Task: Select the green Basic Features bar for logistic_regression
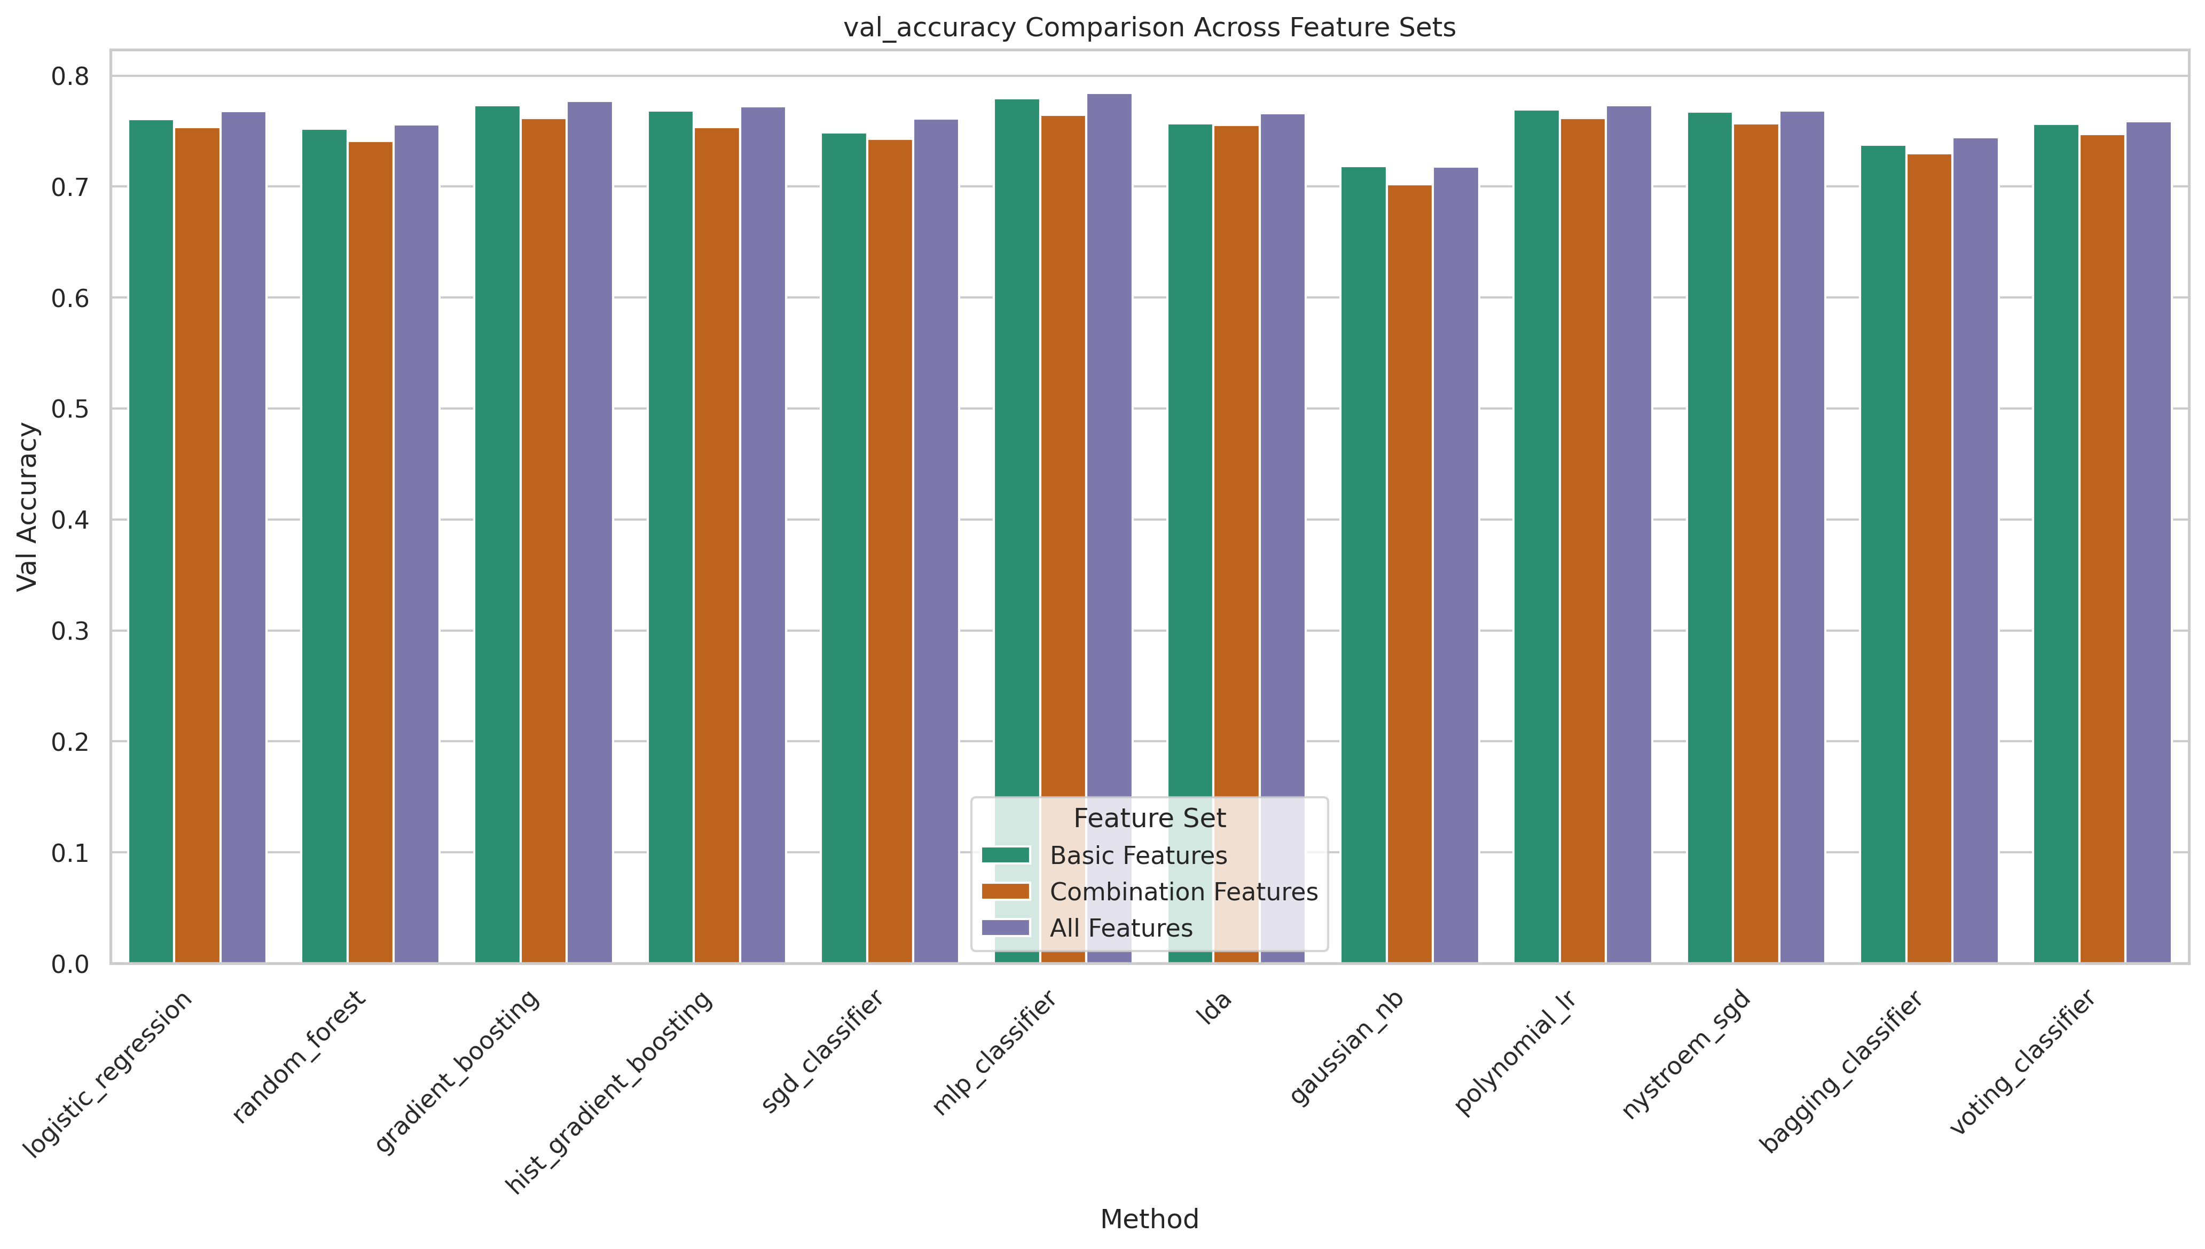151,540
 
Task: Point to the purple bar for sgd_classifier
936,540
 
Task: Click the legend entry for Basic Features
1137,855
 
